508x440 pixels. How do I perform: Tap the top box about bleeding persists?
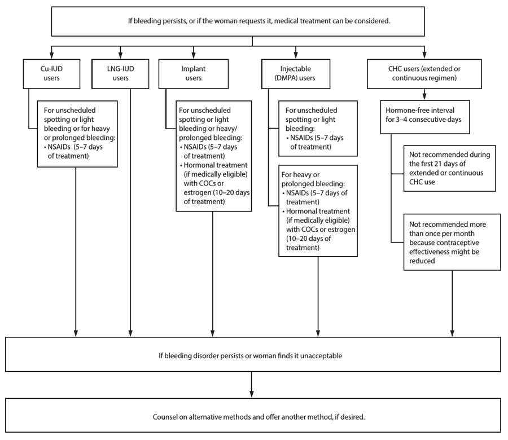click(x=252, y=21)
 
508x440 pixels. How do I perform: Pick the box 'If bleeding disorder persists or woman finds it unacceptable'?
click(x=252, y=356)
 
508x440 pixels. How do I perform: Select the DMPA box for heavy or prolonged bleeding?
click(x=317, y=210)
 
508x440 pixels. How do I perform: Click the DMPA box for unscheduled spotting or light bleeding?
click(x=317, y=127)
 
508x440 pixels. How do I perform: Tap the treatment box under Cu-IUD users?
click(x=77, y=134)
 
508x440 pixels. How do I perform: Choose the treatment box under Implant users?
click(x=213, y=156)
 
